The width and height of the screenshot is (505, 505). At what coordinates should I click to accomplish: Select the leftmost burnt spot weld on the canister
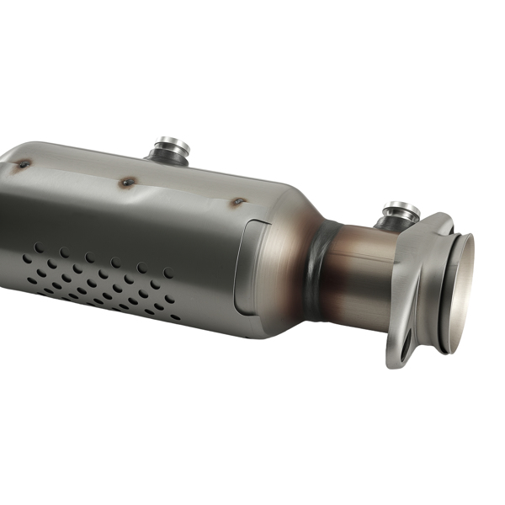[x=24, y=164]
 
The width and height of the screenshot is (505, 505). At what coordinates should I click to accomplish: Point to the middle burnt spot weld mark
[x=127, y=182]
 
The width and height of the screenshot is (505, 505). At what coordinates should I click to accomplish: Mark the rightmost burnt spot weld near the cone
[x=238, y=202]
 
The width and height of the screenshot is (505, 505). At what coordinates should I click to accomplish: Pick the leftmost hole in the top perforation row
[x=38, y=247]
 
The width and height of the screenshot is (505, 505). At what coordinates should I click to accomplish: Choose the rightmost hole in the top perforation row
[x=168, y=272]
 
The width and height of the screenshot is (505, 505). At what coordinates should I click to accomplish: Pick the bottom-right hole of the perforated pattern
[x=174, y=317]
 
